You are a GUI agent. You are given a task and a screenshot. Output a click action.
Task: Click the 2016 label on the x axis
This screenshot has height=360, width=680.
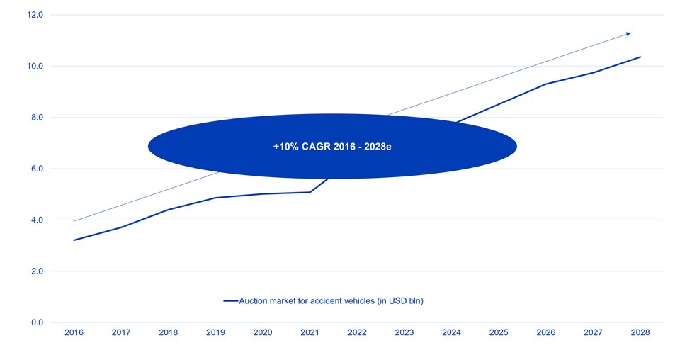point(74,332)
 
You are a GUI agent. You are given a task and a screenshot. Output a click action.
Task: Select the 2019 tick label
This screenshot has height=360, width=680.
point(215,332)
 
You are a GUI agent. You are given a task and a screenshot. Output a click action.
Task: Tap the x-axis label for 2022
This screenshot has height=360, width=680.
point(357,332)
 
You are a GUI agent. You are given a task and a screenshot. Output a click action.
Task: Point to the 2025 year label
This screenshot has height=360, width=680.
point(499,332)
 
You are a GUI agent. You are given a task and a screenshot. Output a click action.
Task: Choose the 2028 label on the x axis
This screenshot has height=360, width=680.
point(640,332)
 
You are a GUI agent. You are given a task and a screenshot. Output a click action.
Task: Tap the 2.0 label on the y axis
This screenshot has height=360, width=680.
point(36,271)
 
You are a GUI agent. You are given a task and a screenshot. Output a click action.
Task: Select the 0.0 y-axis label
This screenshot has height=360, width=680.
point(36,323)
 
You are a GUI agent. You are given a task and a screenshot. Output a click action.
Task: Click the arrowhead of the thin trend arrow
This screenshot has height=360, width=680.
point(628,33)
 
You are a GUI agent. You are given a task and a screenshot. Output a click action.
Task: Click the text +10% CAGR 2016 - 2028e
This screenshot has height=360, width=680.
point(332,147)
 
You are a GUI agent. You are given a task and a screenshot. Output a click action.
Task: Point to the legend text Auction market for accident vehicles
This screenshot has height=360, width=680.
point(331,301)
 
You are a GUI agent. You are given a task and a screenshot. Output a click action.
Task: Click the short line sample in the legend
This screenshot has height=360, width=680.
point(230,301)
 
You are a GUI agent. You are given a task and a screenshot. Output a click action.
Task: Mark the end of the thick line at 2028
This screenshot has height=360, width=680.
point(640,57)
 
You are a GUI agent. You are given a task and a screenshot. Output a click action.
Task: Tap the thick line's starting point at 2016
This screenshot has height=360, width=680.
point(74,240)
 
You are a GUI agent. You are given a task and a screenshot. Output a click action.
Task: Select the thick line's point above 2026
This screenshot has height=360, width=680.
point(546,84)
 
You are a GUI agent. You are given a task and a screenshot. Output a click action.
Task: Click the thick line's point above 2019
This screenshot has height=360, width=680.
point(215,198)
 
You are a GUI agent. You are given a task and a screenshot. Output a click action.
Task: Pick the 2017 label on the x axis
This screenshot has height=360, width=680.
point(121,332)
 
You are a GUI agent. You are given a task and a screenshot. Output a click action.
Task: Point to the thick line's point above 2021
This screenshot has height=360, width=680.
point(310,192)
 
